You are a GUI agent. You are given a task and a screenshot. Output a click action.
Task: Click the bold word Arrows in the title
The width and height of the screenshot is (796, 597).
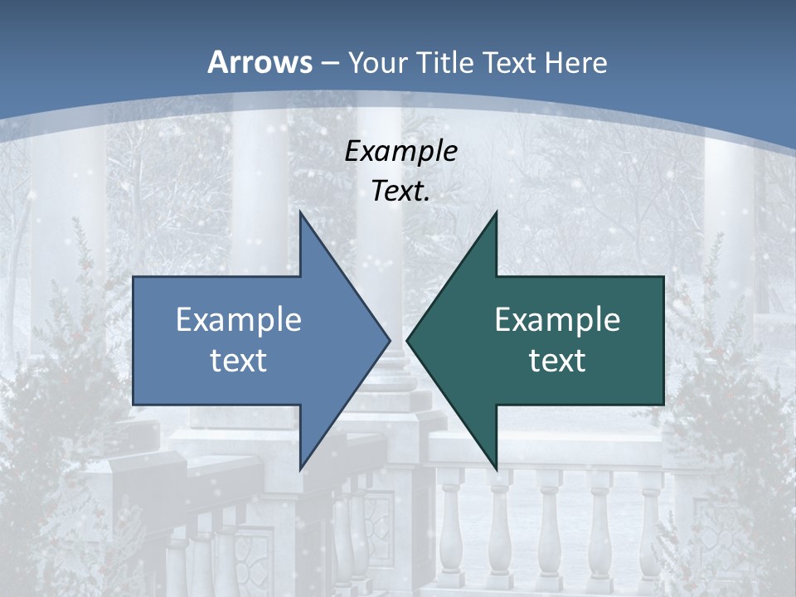(260, 62)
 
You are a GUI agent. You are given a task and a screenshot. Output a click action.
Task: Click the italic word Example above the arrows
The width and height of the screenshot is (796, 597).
(400, 151)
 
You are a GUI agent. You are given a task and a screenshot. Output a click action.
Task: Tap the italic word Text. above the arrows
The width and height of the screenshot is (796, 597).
(400, 192)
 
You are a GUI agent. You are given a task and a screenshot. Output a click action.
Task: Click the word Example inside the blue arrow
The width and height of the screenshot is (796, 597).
(239, 319)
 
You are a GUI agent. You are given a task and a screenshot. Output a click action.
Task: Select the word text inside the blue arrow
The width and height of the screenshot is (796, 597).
(239, 360)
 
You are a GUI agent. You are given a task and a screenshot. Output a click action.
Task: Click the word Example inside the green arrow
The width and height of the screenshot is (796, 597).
(557, 319)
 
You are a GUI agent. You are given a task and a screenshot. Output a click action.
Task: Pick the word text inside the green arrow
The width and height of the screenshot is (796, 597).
(557, 360)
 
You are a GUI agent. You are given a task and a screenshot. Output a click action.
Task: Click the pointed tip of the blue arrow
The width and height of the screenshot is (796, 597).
(390, 340)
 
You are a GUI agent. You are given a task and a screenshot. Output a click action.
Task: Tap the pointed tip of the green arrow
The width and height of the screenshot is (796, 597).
(407, 340)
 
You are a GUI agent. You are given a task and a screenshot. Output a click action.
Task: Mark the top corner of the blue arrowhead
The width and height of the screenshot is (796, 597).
(300, 211)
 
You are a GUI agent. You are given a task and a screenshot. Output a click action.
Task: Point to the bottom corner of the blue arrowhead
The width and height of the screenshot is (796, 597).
(300, 469)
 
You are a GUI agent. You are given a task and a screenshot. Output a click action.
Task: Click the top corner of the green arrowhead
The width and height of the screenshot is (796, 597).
(496, 211)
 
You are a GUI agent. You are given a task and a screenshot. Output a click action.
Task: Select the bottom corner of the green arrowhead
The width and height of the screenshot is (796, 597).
(496, 469)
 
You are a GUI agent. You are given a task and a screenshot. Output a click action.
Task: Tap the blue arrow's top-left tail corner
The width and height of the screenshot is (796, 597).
(133, 277)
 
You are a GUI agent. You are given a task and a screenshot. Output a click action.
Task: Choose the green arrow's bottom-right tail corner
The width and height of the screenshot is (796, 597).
(663, 405)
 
